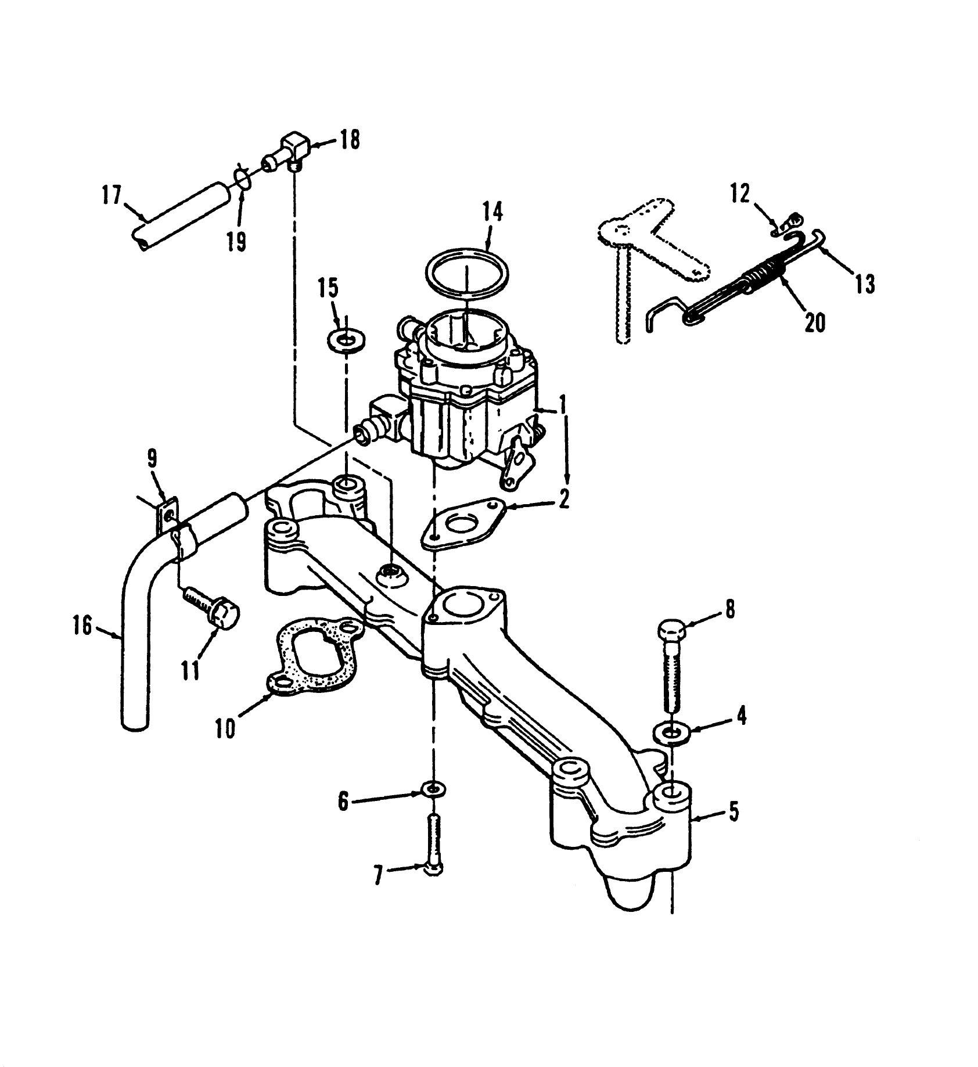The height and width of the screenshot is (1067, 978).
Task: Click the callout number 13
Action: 864,284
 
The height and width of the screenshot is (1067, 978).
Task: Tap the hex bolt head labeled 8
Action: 671,630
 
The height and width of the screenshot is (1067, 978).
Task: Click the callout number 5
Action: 734,811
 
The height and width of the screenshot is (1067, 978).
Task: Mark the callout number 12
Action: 740,193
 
